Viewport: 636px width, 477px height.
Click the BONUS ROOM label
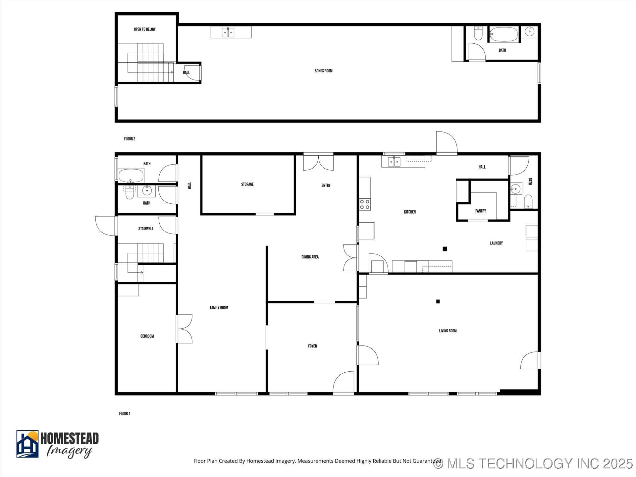pyautogui.click(x=323, y=71)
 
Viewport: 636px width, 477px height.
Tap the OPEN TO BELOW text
pyautogui.click(x=144, y=29)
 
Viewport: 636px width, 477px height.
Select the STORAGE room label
pyautogui.click(x=247, y=185)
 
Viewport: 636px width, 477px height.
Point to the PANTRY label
pyautogui.click(x=480, y=211)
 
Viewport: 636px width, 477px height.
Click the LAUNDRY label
pyautogui.click(x=496, y=243)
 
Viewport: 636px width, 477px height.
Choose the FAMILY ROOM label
pyautogui.click(x=219, y=308)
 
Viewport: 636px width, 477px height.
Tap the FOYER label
pyautogui.click(x=312, y=346)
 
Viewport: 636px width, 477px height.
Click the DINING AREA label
pyautogui.click(x=310, y=257)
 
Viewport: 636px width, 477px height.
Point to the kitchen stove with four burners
pyautogui.click(x=365, y=204)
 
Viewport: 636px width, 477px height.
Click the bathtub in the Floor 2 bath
pyautogui.click(x=503, y=34)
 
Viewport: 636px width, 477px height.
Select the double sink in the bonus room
pyautogui.click(x=228, y=32)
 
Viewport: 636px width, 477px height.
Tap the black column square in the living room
pyautogui.click(x=438, y=301)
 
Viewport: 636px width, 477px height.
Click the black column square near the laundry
pyautogui.click(x=445, y=249)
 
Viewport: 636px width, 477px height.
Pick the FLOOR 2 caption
pyautogui.click(x=130, y=139)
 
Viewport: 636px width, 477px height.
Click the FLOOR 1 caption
pyautogui.click(x=125, y=414)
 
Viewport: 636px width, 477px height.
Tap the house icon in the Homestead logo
pyautogui.click(x=27, y=444)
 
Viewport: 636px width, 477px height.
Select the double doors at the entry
pyautogui.click(x=318, y=163)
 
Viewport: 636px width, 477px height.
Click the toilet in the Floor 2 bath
pyautogui.click(x=478, y=33)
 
